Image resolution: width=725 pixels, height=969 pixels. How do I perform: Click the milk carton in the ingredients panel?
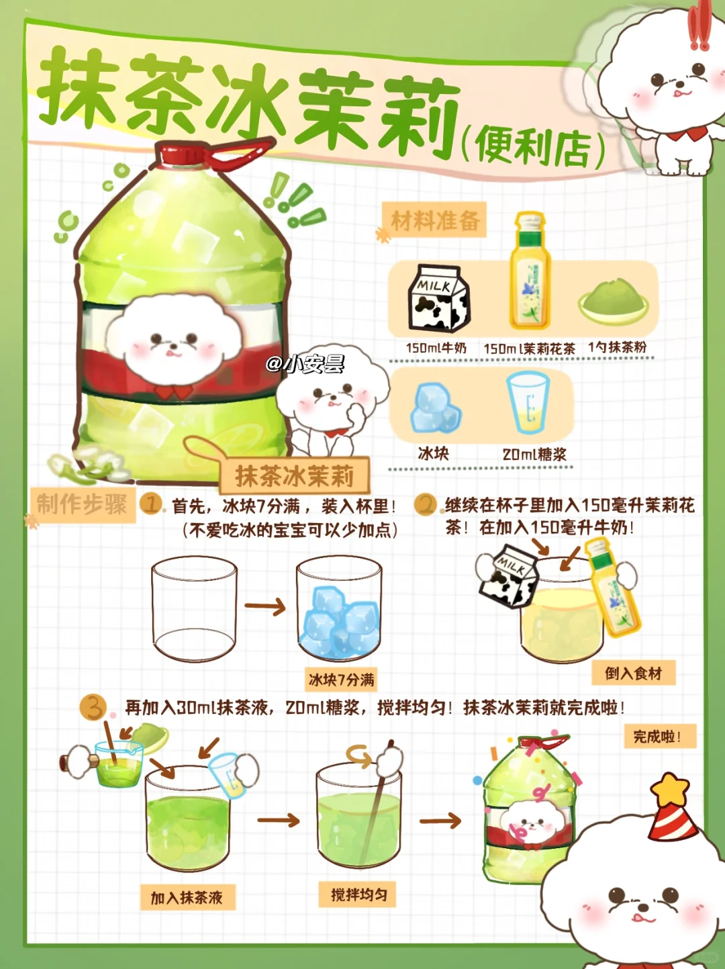click(438, 298)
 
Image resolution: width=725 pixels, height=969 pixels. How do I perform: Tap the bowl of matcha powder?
click(614, 299)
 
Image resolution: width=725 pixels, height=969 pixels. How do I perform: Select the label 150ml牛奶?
click(436, 348)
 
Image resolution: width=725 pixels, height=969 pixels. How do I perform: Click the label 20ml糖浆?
click(534, 454)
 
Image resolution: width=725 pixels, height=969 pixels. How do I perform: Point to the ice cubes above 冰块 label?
click(436, 408)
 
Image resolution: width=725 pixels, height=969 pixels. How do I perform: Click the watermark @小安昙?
click(305, 364)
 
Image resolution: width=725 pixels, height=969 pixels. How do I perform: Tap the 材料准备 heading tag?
click(434, 220)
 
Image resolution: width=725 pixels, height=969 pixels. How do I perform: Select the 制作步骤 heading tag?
click(82, 504)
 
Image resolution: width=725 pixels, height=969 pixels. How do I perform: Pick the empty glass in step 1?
click(194, 608)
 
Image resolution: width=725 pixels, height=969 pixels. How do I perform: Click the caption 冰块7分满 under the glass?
click(341, 680)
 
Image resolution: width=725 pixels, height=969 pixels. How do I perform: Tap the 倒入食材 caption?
click(634, 673)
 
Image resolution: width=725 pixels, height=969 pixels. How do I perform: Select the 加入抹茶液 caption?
click(187, 897)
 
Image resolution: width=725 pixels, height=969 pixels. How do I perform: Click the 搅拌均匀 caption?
click(358, 894)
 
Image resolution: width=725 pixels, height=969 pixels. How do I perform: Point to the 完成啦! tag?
click(660, 736)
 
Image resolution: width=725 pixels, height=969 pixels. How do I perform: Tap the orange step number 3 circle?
click(93, 707)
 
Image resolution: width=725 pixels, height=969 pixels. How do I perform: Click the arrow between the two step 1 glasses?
click(265, 607)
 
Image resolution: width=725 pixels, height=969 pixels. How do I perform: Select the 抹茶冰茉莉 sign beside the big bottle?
click(294, 475)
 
